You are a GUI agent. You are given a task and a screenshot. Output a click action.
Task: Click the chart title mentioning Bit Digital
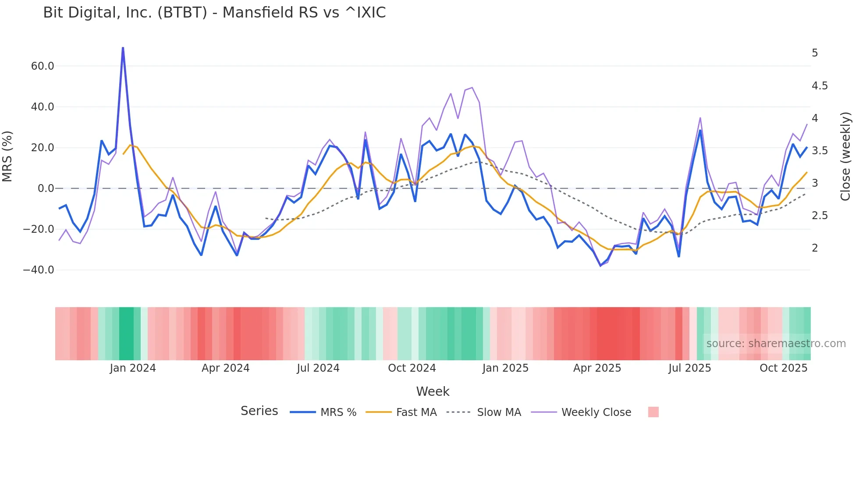(214, 13)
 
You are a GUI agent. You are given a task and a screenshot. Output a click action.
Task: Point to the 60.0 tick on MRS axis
(43, 66)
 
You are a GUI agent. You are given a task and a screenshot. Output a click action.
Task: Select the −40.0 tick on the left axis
(39, 270)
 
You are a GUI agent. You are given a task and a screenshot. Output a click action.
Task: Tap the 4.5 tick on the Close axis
(820, 86)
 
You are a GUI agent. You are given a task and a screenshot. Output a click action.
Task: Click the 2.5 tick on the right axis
(820, 216)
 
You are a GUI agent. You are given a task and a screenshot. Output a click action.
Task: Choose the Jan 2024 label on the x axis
(132, 368)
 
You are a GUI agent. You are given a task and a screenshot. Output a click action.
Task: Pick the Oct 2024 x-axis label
(412, 368)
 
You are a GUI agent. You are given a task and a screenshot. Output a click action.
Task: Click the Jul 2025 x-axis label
(689, 368)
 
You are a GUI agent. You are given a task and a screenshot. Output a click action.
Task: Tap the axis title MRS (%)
(7, 156)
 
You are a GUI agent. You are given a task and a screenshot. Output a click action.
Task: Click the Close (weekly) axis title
(845, 156)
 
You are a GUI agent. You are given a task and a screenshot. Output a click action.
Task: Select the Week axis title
(433, 391)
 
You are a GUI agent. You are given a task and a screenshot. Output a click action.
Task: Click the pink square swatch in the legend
(653, 412)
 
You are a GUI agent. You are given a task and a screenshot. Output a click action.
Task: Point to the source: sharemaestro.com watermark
(776, 344)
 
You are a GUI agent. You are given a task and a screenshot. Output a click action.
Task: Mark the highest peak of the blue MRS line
(123, 48)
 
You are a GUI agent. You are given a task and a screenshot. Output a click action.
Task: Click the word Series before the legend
(259, 411)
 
